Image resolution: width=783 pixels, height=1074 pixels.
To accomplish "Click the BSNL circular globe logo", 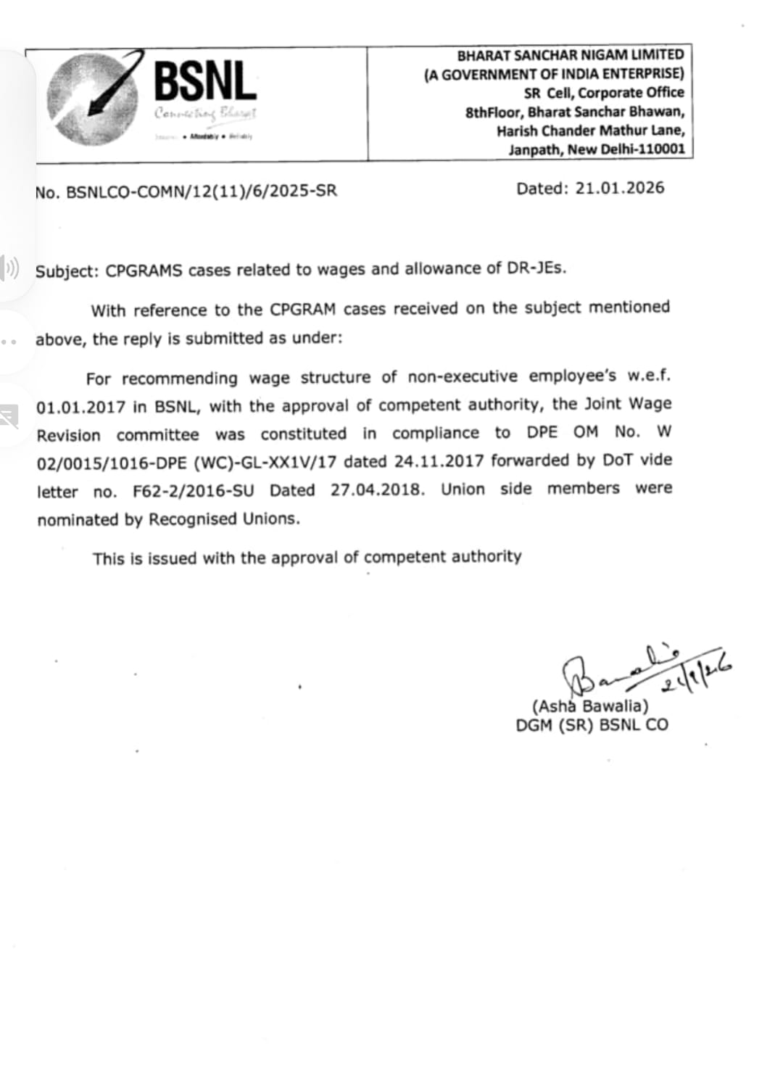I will coord(91,98).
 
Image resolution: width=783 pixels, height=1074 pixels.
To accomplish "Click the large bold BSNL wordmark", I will coord(205,80).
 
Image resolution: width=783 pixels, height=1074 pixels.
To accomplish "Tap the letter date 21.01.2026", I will coord(619,188).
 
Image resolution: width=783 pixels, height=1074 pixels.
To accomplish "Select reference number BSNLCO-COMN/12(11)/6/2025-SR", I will coord(202,191).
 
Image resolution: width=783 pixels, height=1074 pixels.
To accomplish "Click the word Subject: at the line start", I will coord(67,271).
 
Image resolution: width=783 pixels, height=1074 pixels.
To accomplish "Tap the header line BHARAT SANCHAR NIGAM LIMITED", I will coord(570,55).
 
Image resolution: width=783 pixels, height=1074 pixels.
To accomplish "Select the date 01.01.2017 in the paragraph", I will coord(81,408).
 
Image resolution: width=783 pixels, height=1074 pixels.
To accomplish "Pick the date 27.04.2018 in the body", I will coord(377,490).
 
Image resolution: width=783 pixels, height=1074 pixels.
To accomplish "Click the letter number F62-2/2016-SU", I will coord(194,491).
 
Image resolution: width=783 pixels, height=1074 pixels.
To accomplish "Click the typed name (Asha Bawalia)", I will coord(590,706).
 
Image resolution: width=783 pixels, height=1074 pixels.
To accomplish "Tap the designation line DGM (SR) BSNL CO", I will coord(592,724).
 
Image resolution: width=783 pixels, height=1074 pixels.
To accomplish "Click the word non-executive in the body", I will coord(463,376).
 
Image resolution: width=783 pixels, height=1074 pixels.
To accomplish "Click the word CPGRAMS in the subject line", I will coord(143,270).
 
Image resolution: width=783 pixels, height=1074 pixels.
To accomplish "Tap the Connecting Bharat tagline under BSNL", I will coord(204,113).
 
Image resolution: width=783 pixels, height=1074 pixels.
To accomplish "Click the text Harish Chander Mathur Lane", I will coord(590,131).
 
